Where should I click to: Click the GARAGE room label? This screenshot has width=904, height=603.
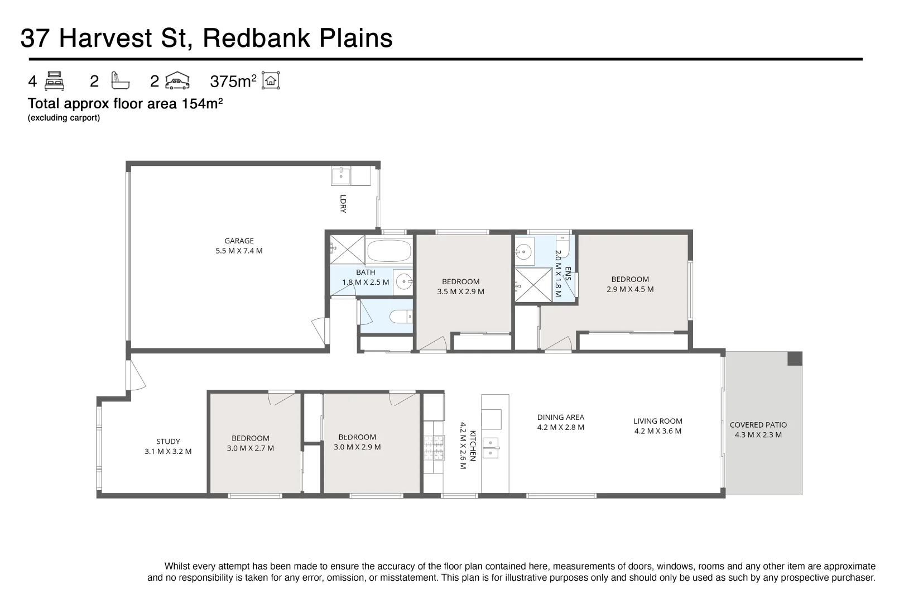pyautogui.click(x=239, y=241)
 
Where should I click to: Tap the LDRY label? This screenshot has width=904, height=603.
pyautogui.click(x=343, y=204)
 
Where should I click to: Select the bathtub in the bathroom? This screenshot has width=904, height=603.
pyautogui.click(x=388, y=250)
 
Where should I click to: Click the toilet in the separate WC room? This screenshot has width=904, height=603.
pyautogui.click(x=401, y=317)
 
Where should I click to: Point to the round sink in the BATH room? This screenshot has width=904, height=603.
pyautogui.click(x=403, y=281)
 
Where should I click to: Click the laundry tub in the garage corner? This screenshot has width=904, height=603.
pyautogui.click(x=341, y=176)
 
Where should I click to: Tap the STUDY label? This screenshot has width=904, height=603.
pyautogui.click(x=168, y=442)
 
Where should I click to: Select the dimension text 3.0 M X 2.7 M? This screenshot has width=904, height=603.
pyautogui.click(x=250, y=448)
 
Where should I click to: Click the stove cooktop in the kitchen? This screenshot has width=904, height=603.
pyautogui.click(x=434, y=448)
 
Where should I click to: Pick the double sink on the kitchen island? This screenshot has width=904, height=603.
pyautogui.click(x=491, y=448)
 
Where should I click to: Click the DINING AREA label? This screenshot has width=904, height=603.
pyautogui.click(x=561, y=417)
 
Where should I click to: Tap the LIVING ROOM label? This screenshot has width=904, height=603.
pyautogui.click(x=658, y=421)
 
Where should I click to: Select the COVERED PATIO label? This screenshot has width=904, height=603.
pyautogui.click(x=758, y=425)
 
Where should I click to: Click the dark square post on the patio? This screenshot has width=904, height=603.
pyautogui.click(x=795, y=358)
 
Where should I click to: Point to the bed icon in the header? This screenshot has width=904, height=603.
pyautogui.click(x=54, y=81)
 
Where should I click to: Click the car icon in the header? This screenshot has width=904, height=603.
pyautogui.click(x=177, y=81)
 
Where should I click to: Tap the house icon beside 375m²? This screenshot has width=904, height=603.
pyautogui.click(x=271, y=80)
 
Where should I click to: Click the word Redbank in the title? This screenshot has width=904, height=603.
pyautogui.click(x=256, y=38)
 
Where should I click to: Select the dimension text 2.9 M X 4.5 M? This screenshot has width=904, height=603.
pyautogui.click(x=630, y=289)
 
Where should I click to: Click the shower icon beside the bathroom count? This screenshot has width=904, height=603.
pyautogui.click(x=120, y=80)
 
